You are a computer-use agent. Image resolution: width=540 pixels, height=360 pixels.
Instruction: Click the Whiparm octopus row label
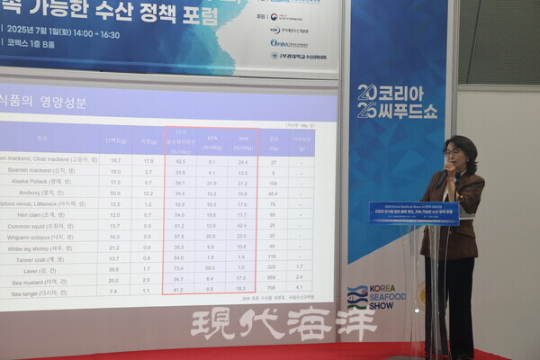click(x=40, y=237)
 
